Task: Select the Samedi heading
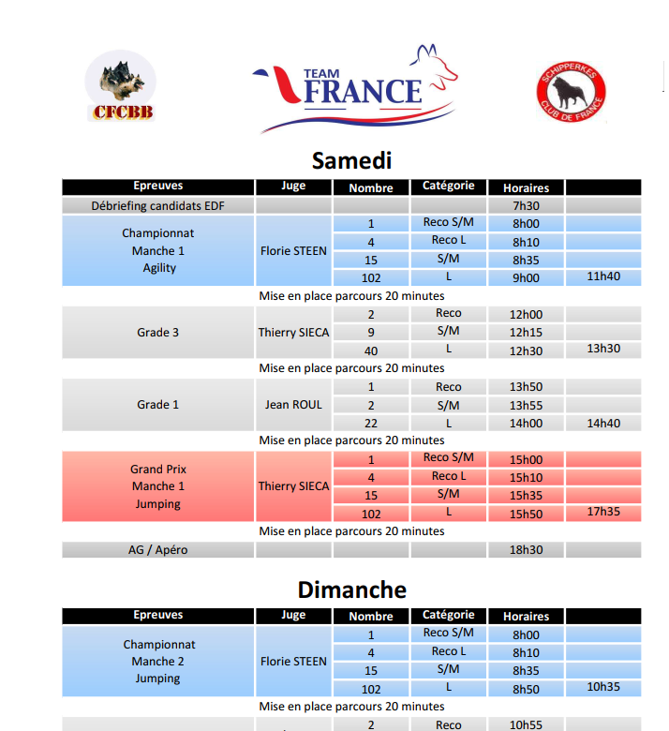[x=351, y=159]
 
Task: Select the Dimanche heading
[x=351, y=589]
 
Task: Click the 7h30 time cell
[x=526, y=205]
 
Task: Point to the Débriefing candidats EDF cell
[x=158, y=205]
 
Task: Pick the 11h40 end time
[x=603, y=276]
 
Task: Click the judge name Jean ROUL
[x=293, y=405]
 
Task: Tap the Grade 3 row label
[x=158, y=332]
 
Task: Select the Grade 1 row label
[x=158, y=405]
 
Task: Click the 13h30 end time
[x=603, y=349]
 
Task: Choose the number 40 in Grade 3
[x=371, y=350]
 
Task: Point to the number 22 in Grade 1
[x=371, y=423]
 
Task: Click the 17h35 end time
[x=603, y=512]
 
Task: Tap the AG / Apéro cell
[x=158, y=550]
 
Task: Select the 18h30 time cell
[x=526, y=550]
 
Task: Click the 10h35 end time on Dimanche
[x=603, y=687]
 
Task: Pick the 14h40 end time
[x=603, y=423]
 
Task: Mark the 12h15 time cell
[x=526, y=332]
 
